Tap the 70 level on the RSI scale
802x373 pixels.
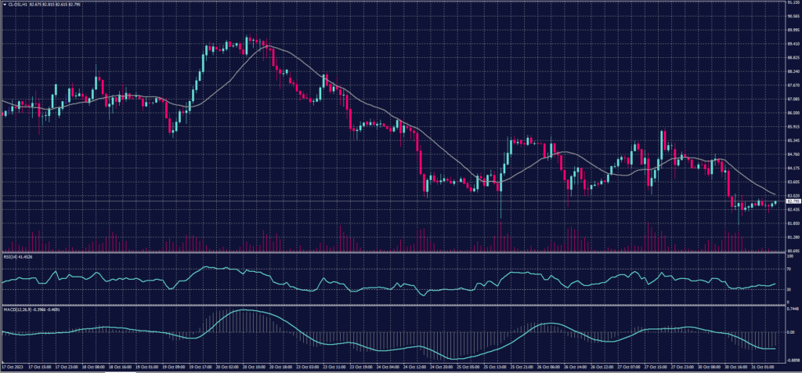point(787,268)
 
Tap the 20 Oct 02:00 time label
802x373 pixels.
point(227,367)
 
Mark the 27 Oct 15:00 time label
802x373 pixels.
point(657,367)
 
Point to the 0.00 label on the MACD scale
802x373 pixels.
point(789,332)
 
